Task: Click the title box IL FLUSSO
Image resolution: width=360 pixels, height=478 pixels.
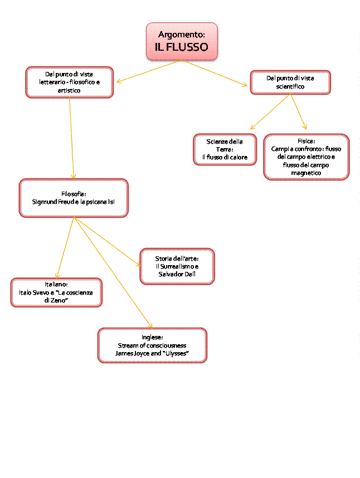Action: [182, 47]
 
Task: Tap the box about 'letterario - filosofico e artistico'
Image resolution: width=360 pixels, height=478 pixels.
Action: [69, 82]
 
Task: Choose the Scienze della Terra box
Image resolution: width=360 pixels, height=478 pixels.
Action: [225, 149]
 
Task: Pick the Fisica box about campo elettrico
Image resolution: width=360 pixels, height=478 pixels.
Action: [306, 157]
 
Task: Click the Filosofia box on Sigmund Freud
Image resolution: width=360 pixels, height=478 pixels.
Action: [74, 198]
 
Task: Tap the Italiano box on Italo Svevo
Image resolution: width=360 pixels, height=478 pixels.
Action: [56, 292]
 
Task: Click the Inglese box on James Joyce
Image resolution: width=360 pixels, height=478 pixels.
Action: [152, 345]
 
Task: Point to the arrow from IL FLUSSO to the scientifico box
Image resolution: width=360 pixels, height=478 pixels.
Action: [215, 73]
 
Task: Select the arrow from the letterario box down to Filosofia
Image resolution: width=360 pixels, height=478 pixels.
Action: [71, 139]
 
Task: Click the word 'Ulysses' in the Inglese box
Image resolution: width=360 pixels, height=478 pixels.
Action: [176, 353]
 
